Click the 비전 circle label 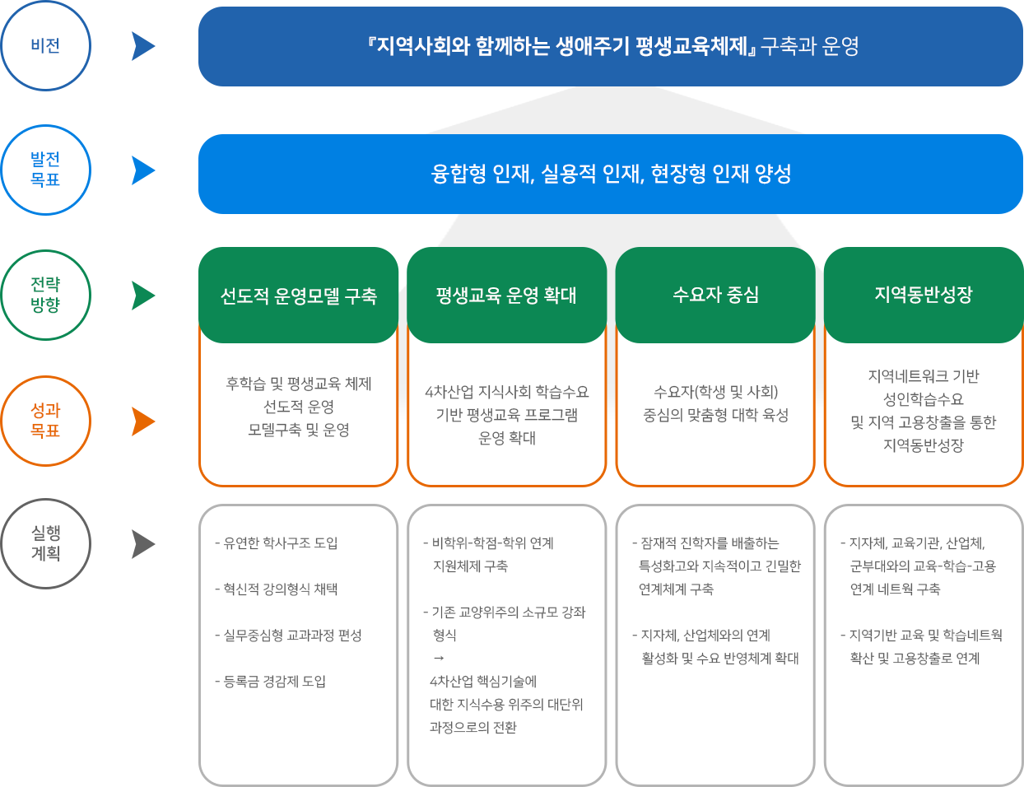(45, 46)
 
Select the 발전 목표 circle (46, 125)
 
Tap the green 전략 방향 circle (46, 251)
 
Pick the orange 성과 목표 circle (46, 376)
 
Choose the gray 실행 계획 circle (46, 500)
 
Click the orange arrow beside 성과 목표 (142, 421)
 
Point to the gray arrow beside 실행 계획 (142, 544)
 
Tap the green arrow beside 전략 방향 (142, 296)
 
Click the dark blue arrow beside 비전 (142, 46)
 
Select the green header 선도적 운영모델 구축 (298, 295)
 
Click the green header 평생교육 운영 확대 (506, 295)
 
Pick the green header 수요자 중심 (715, 295)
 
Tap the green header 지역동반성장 (924, 295)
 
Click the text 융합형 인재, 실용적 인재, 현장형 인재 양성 (611, 174)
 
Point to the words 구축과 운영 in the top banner (810, 46)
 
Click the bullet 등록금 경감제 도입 (270, 681)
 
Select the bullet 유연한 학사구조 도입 (276, 543)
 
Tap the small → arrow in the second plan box (438, 658)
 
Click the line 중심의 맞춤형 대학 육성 (715, 415)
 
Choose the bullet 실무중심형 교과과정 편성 (288, 636)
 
